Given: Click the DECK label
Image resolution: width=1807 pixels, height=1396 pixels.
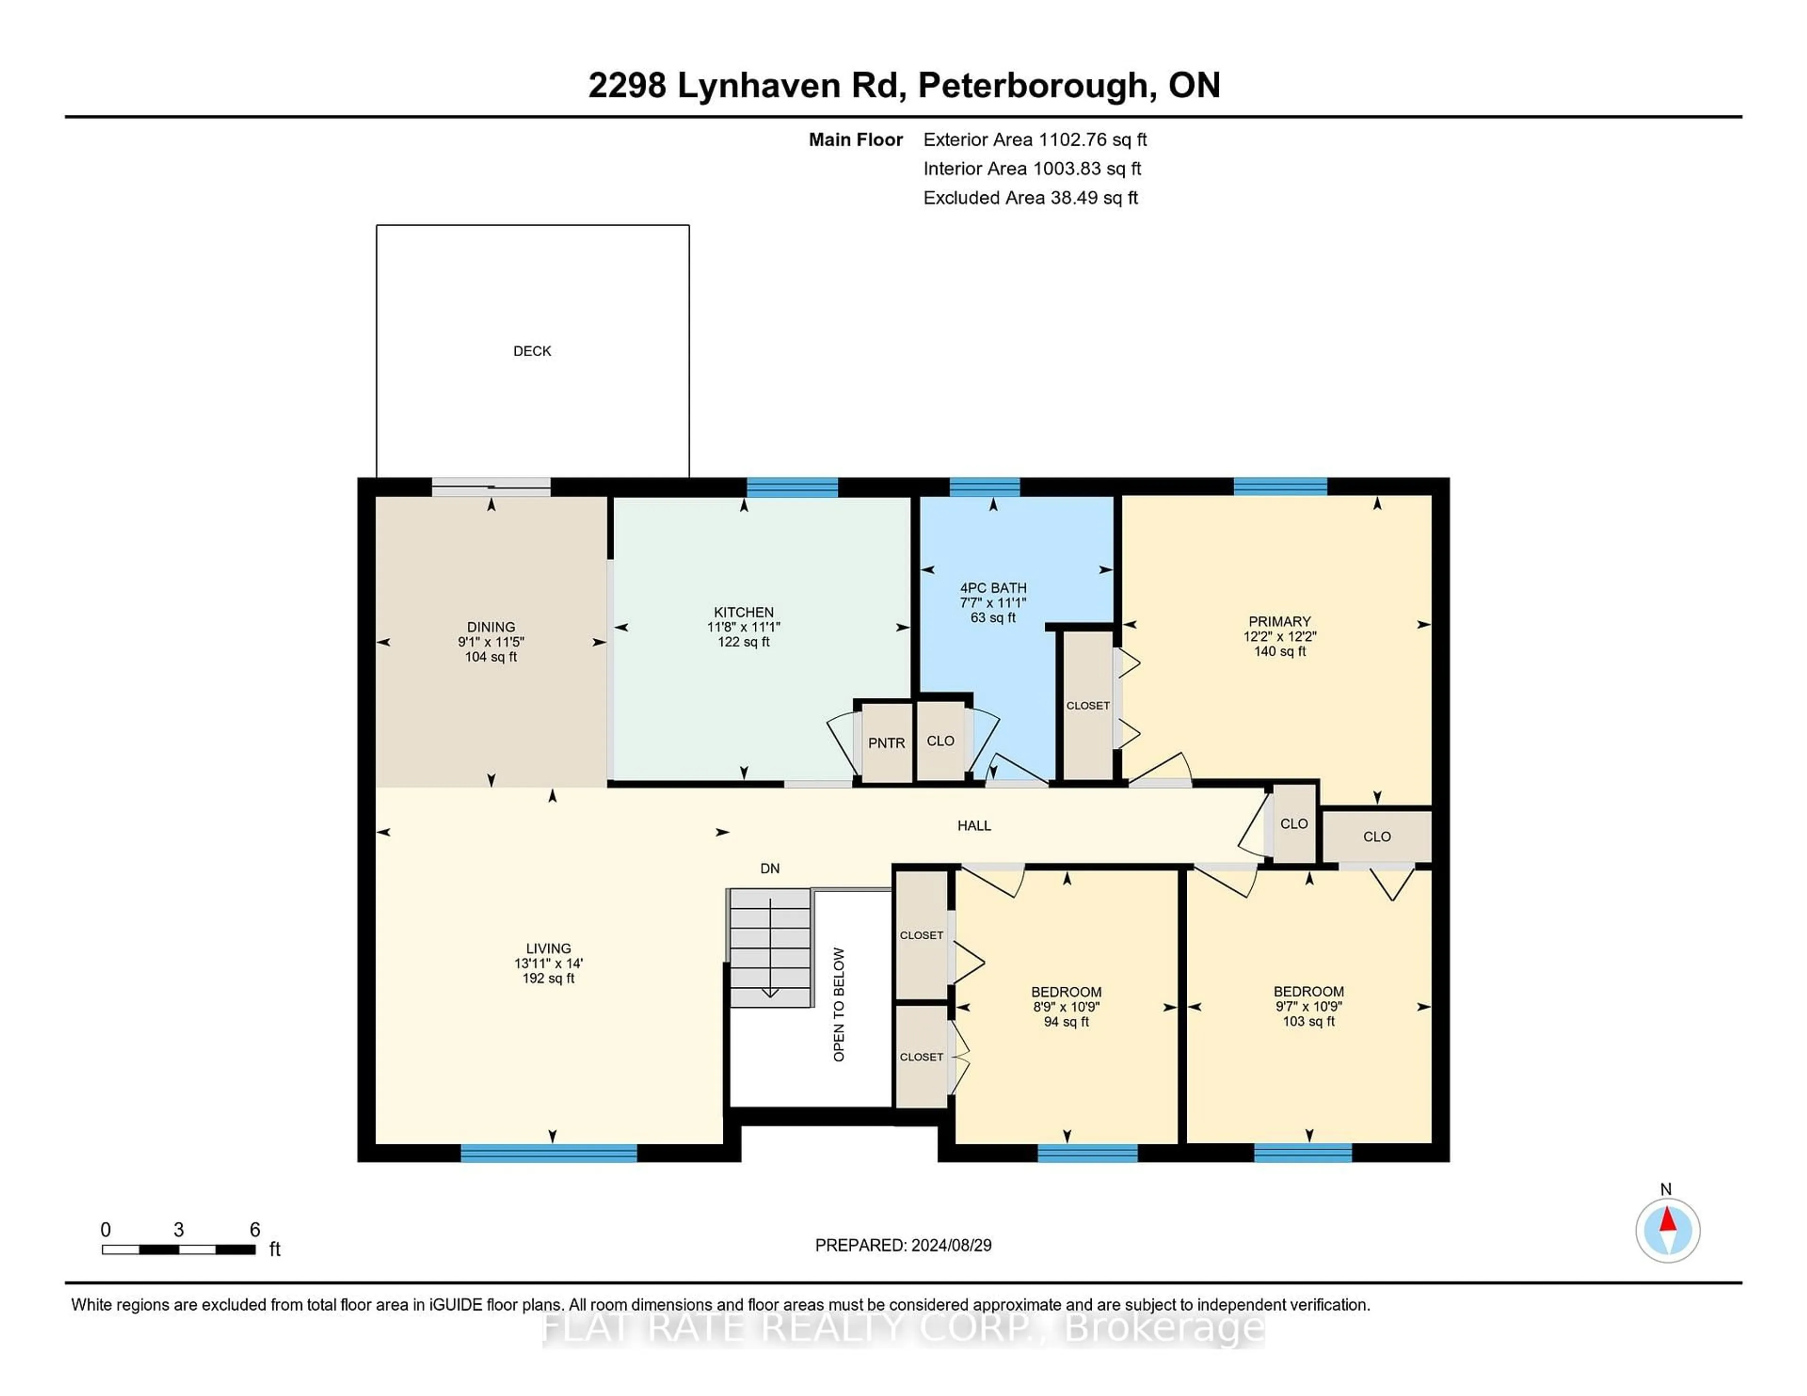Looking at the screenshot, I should [532, 351].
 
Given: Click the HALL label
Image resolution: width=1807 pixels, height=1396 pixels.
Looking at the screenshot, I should [974, 825].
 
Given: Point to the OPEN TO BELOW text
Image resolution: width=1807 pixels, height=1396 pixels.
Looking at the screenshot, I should [839, 1005].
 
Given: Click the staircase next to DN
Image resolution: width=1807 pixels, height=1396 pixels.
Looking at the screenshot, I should [769, 947].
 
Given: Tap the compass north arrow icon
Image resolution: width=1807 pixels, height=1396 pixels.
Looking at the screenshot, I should [1667, 1230].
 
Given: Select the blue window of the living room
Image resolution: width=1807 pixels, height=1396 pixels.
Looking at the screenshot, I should [549, 1153].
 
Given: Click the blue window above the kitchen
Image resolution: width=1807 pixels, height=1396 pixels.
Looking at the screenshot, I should [792, 487].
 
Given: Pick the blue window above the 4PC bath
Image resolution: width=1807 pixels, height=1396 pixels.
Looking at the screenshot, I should [984, 487].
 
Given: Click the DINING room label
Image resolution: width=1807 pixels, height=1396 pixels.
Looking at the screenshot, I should [491, 627].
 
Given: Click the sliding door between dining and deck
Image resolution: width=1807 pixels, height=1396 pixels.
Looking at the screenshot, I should [491, 488].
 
